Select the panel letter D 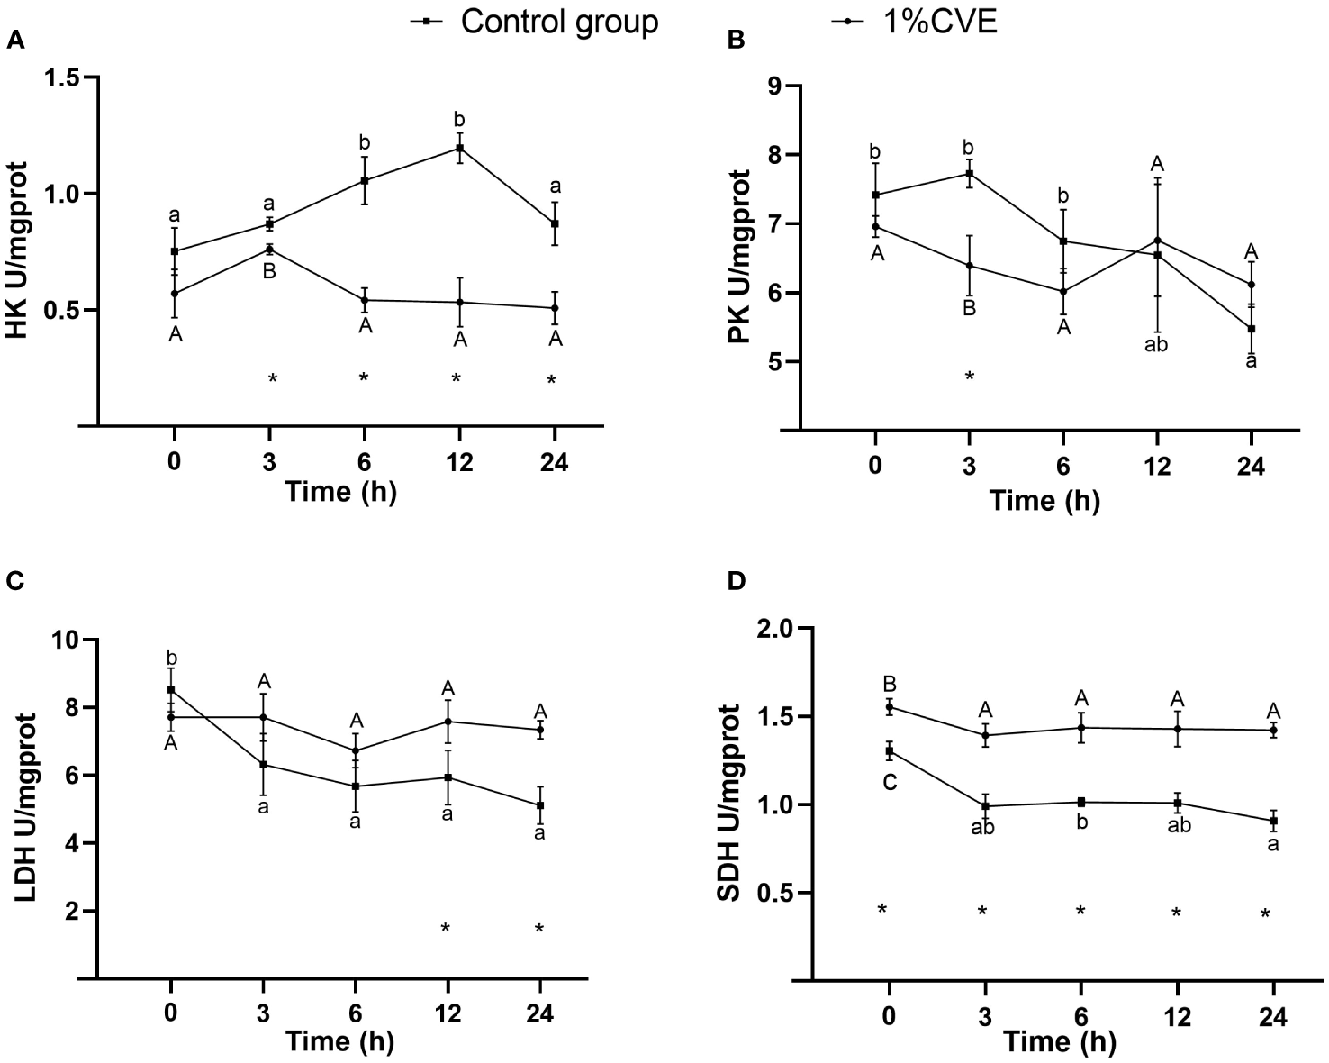coord(736,581)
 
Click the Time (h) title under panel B coord(1044,500)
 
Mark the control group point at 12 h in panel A coord(460,148)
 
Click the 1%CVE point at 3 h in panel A coord(269,249)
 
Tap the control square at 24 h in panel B coord(1251,329)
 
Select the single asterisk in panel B coord(970,377)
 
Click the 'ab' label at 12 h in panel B coord(1155,345)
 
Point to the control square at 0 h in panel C coord(171,690)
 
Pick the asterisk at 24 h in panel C coord(538,929)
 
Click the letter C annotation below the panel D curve coord(889,784)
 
